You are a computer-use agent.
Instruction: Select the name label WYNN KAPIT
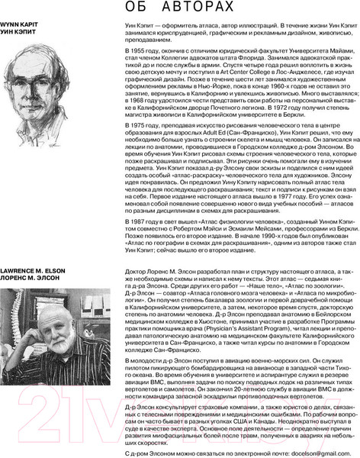click(18, 25)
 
